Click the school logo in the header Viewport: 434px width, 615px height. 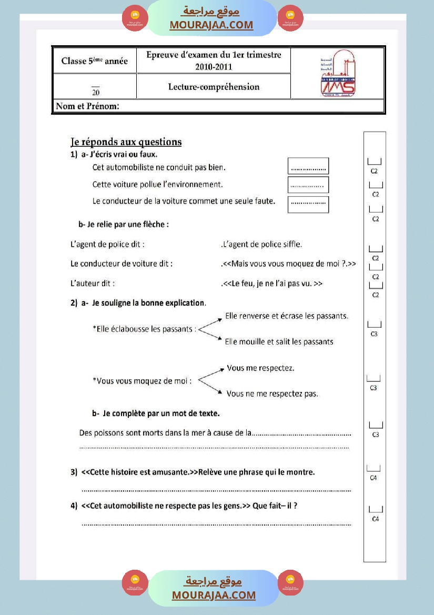click(x=337, y=74)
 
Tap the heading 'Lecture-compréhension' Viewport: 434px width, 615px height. click(x=214, y=87)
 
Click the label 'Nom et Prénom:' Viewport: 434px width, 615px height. click(x=88, y=106)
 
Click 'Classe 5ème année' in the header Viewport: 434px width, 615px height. click(x=95, y=61)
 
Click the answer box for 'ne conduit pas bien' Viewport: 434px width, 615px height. click(x=308, y=166)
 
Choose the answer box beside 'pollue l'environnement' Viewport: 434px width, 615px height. click(x=308, y=185)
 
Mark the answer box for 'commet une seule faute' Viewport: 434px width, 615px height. click(x=308, y=204)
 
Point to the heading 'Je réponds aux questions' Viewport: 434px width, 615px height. click(x=126, y=142)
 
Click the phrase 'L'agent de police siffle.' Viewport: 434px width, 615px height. click(x=261, y=244)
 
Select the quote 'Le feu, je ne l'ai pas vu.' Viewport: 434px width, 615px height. click(x=272, y=284)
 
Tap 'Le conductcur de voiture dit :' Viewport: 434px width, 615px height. click(x=122, y=264)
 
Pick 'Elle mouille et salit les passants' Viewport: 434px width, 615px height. click(x=279, y=342)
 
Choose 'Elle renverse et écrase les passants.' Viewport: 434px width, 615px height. click(x=287, y=316)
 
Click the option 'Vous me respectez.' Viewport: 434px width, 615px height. click(x=260, y=368)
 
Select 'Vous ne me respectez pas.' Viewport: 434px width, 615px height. click(x=272, y=394)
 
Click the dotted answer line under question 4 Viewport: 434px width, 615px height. click(x=216, y=524)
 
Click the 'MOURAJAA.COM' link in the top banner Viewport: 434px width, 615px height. click(x=211, y=25)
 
